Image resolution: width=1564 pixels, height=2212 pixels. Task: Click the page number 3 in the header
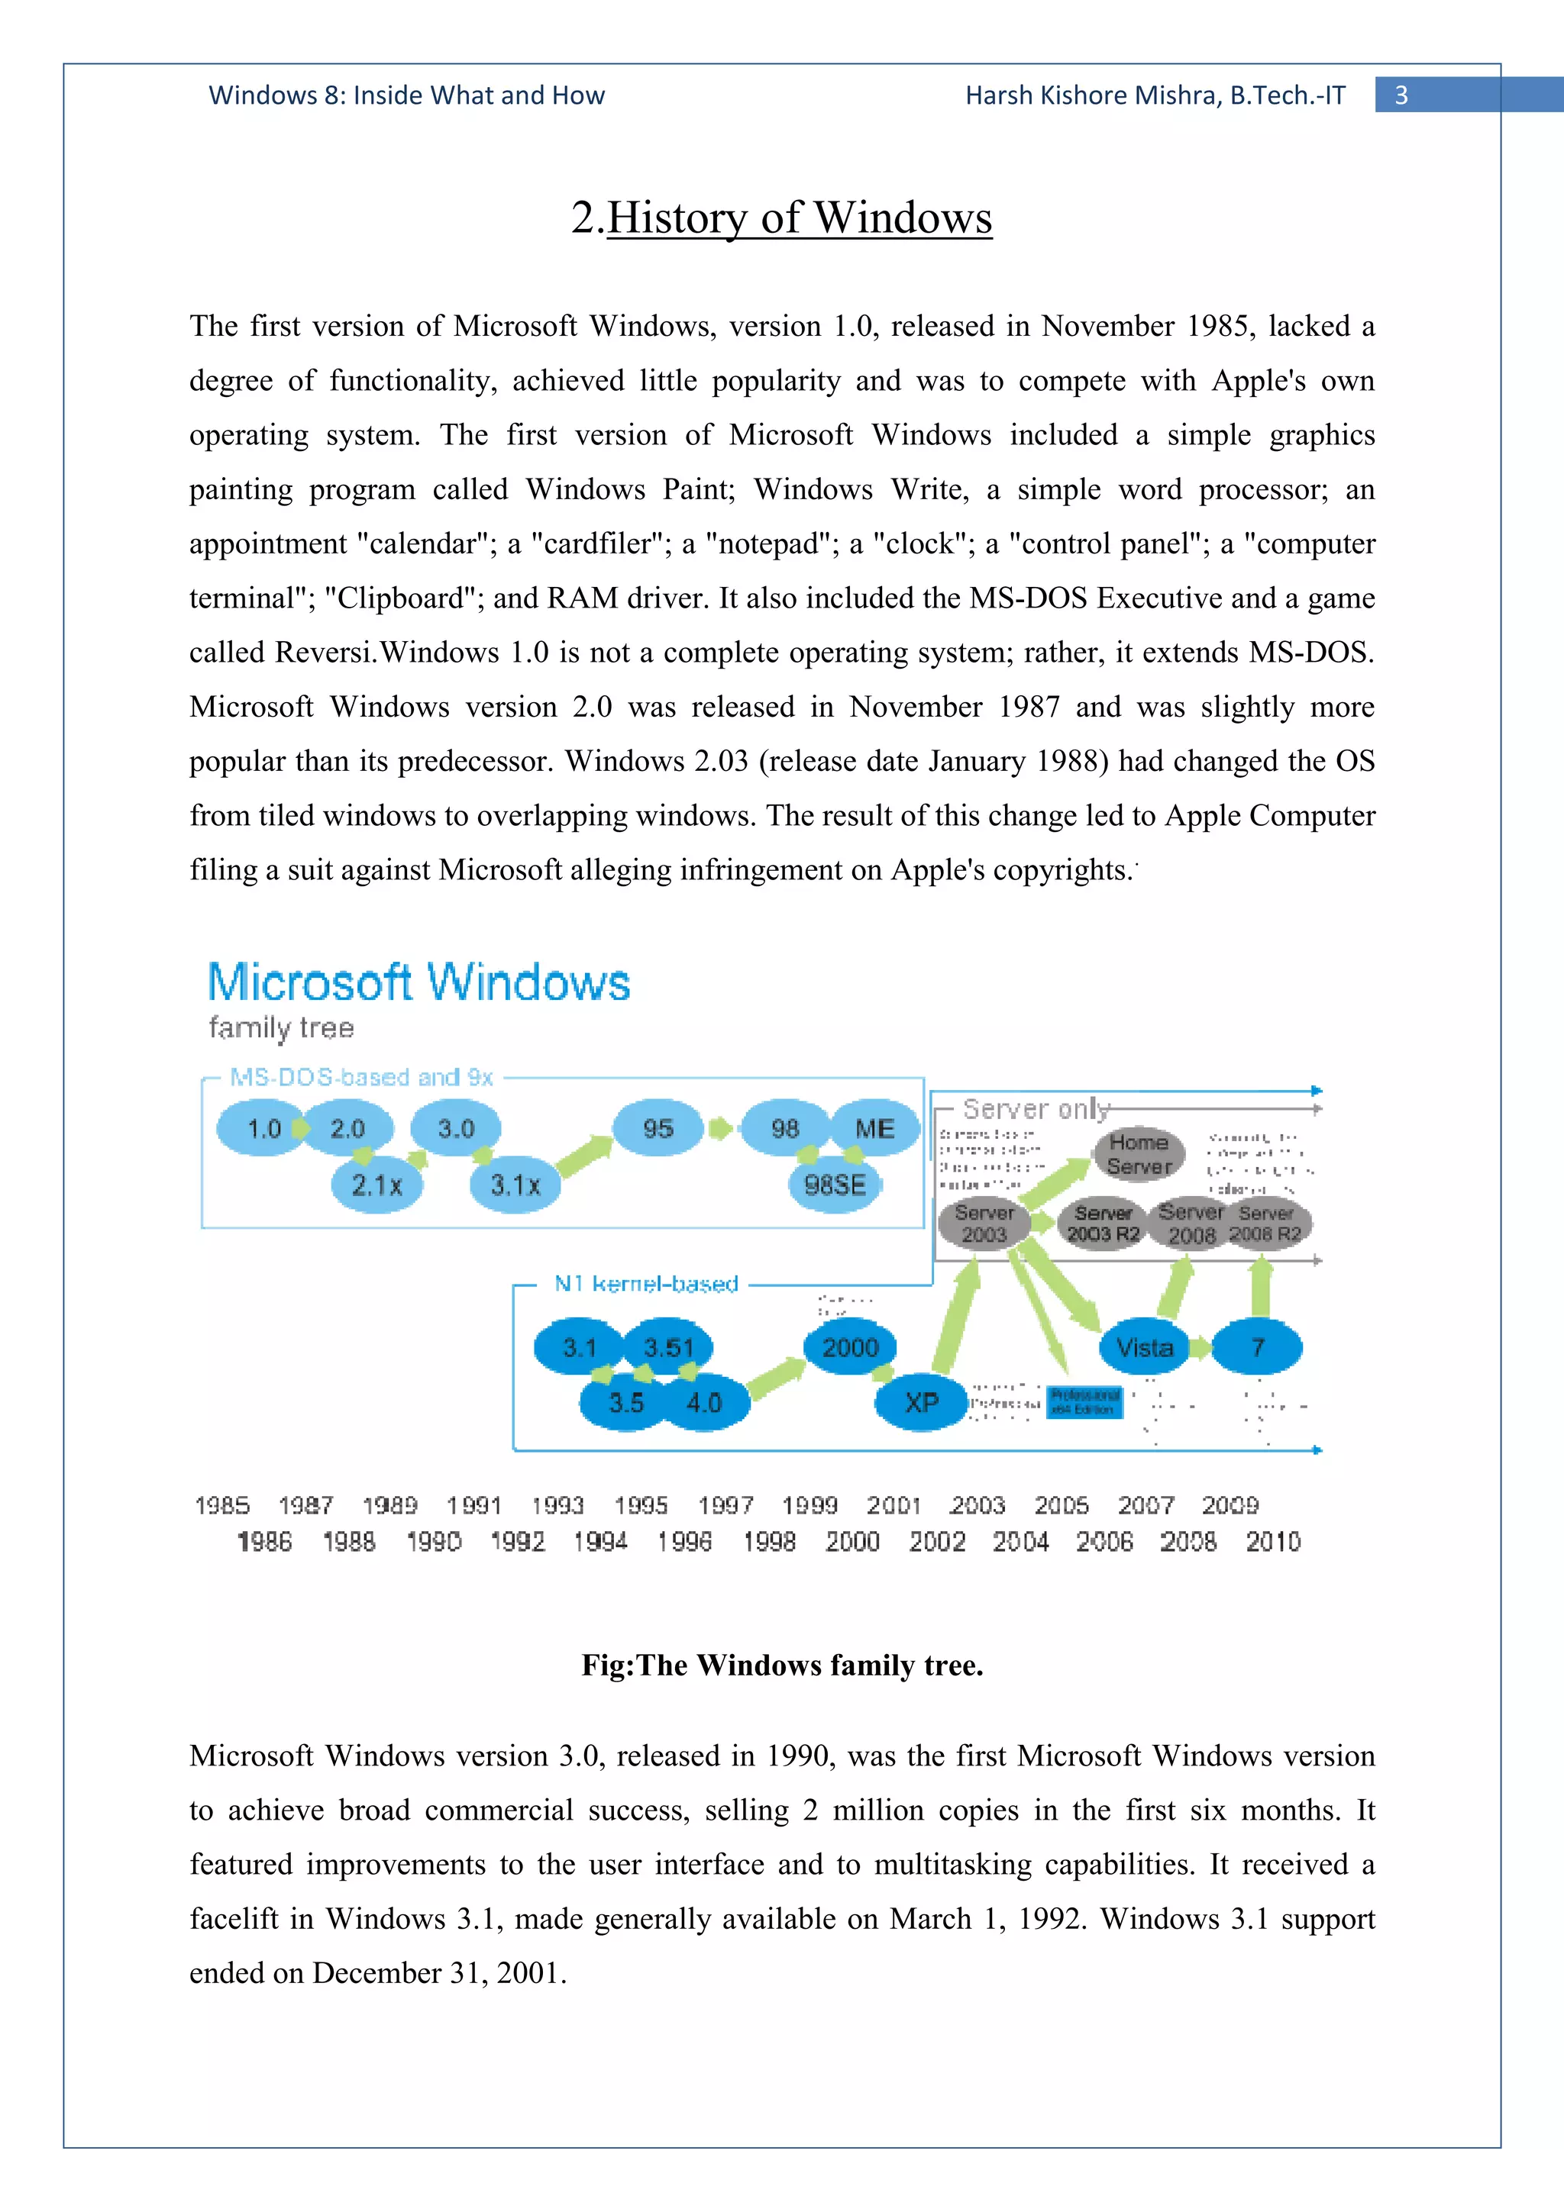[x=1401, y=95]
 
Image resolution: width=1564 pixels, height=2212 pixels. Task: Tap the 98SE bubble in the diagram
[x=835, y=1184]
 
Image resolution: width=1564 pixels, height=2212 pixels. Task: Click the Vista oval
[x=1144, y=1347]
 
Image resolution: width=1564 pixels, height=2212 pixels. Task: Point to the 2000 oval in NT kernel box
[x=850, y=1347]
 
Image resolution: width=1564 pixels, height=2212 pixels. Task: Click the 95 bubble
[x=658, y=1128]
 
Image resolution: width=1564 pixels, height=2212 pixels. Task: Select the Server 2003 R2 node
[x=1103, y=1224]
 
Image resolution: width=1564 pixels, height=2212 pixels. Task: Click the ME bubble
[x=874, y=1128]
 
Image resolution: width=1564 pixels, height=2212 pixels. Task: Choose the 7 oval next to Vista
[x=1258, y=1347]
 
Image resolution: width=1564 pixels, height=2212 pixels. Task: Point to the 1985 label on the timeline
[x=222, y=1505]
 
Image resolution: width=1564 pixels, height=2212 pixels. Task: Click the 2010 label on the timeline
[x=1273, y=1542]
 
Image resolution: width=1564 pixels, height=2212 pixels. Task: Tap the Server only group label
[x=1036, y=1109]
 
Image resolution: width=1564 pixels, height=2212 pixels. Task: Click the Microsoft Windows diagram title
[x=419, y=982]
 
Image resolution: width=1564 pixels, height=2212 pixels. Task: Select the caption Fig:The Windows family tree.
[x=781, y=1665]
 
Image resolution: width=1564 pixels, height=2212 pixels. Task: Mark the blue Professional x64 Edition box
[x=1084, y=1401]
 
